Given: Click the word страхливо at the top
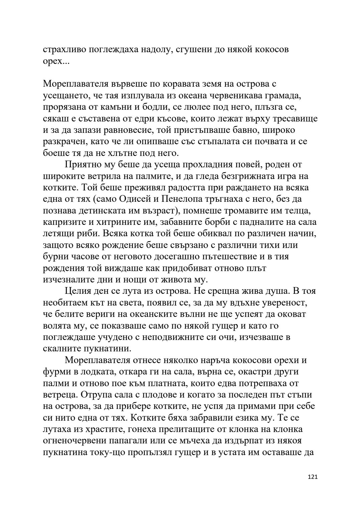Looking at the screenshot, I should tap(64, 50).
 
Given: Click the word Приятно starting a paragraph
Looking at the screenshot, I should tap(82, 164).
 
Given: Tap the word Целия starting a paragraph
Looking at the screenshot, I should tap(78, 291).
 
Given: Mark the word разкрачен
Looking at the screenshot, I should tap(64, 142).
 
